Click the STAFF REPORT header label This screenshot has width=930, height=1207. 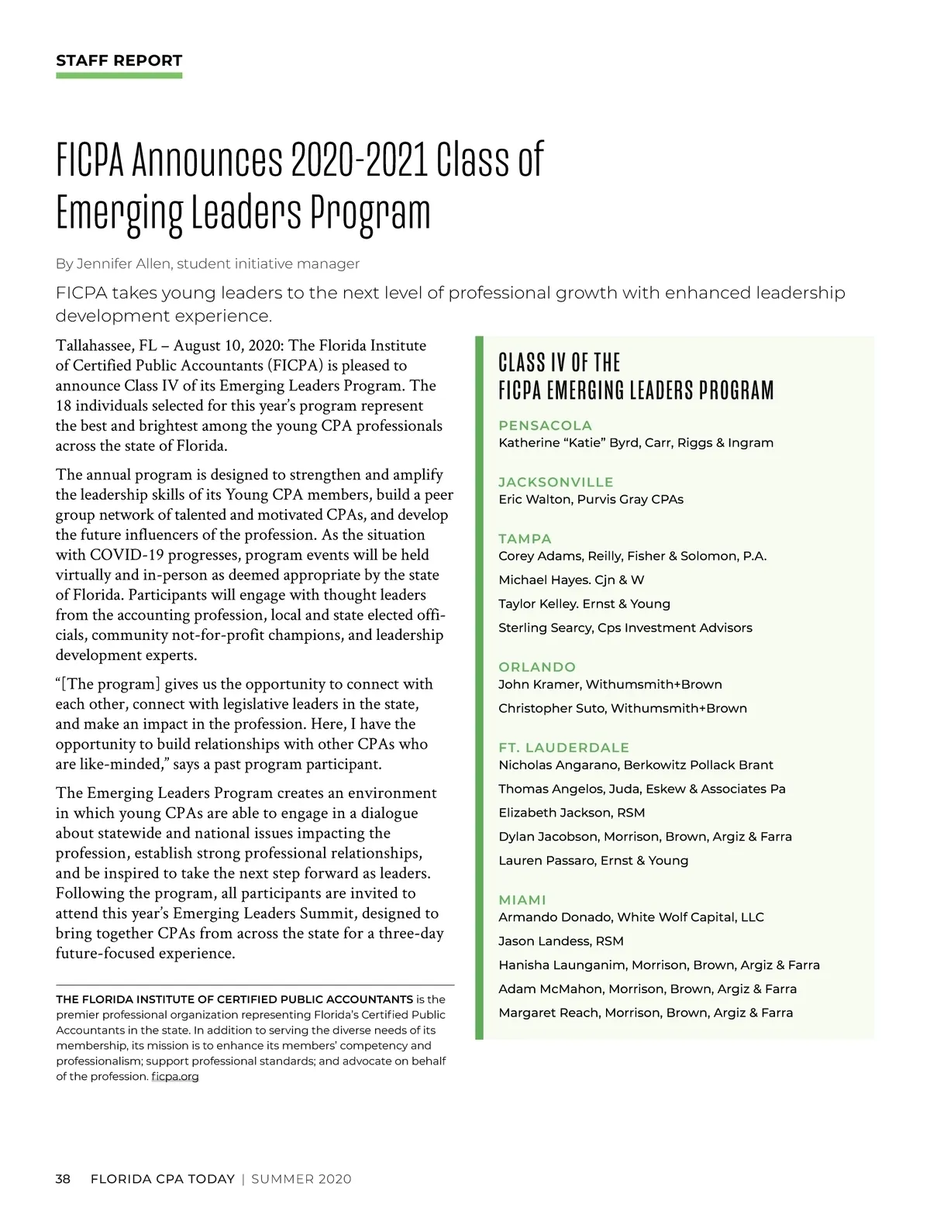point(119,60)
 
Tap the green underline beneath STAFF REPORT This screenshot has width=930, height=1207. point(119,75)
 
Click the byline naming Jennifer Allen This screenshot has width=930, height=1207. point(207,264)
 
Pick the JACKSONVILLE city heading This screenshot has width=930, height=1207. point(556,482)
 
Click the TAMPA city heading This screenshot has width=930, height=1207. point(525,538)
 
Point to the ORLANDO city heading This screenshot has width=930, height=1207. point(537,667)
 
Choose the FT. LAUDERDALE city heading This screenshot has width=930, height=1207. point(563,748)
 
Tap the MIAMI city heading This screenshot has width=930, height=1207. point(522,899)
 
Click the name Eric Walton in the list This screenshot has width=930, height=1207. point(535,500)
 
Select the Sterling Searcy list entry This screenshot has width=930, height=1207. point(625,628)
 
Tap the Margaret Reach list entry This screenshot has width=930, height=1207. point(646,1013)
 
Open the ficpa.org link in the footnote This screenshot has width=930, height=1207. point(175,1076)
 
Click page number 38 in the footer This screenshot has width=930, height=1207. point(63,1179)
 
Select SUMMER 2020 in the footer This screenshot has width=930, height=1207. point(301,1179)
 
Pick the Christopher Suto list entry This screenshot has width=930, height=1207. point(622,708)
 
